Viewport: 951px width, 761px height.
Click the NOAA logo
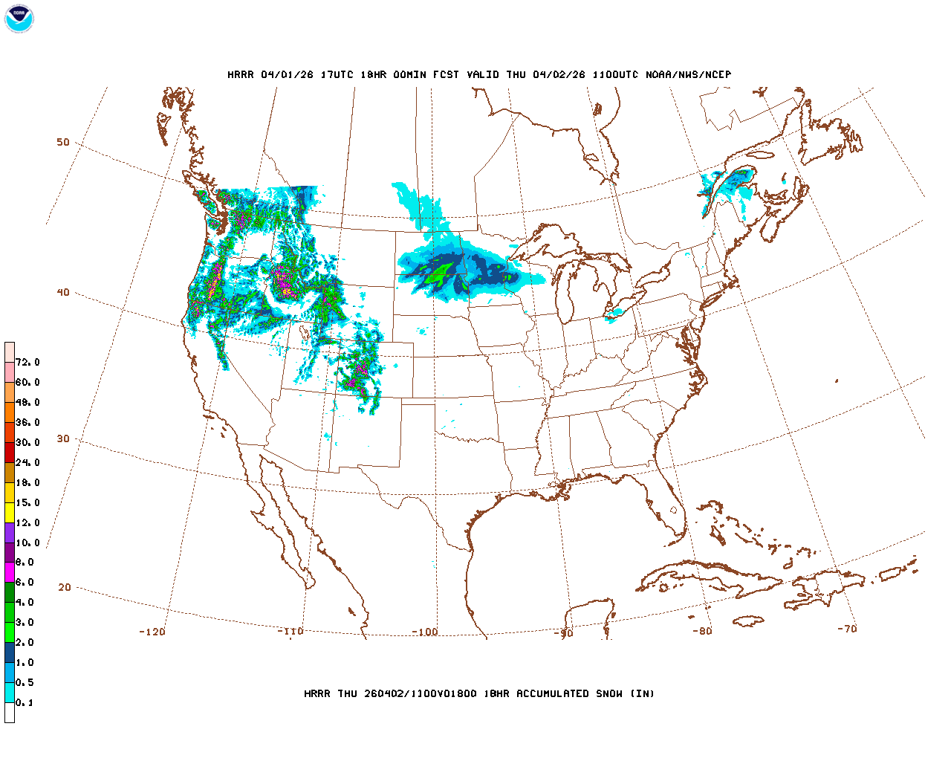(19, 19)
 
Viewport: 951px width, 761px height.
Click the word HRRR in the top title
(240, 75)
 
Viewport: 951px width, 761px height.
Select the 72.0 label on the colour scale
(27, 363)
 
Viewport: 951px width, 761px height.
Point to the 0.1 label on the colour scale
(25, 703)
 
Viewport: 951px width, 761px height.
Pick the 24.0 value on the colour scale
(27, 463)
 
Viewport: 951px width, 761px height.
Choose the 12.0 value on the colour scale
(27, 523)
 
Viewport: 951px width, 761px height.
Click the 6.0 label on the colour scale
(25, 583)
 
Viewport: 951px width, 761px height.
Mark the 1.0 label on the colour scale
(25, 663)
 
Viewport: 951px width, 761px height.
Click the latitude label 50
(63, 143)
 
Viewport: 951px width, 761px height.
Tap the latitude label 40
(63, 293)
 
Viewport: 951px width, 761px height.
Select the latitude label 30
(63, 439)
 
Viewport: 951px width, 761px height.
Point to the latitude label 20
(65, 588)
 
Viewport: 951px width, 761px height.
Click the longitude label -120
(152, 632)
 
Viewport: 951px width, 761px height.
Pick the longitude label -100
(425, 632)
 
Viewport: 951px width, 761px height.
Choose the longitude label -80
(702, 632)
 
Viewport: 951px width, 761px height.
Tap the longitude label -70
(847, 629)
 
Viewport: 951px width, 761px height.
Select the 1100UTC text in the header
(616, 75)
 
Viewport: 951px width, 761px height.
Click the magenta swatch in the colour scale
(10, 572)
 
